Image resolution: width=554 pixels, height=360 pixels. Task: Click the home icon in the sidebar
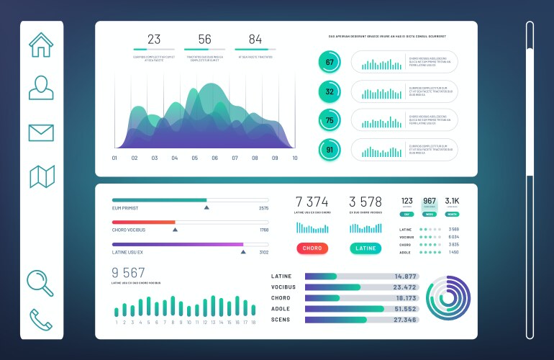click(41, 45)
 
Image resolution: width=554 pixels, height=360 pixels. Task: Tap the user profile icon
click(41, 87)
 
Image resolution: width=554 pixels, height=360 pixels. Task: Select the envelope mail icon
click(41, 132)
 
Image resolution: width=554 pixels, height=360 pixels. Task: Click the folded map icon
click(41, 176)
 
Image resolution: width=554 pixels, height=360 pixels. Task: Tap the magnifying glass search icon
click(40, 282)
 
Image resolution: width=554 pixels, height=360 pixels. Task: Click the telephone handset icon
click(40, 320)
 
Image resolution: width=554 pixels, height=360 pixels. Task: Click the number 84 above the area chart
click(255, 40)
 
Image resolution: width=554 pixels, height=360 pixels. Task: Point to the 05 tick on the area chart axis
click(194, 158)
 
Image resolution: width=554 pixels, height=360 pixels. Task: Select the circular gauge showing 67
click(330, 63)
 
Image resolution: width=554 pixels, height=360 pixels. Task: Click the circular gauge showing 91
click(330, 150)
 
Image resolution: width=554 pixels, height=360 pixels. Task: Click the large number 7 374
click(312, 202)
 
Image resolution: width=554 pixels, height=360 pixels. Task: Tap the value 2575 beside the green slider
click(263, 208)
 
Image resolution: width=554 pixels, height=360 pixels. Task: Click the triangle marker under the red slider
click(175, 230)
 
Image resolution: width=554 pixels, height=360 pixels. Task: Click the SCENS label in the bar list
click(281, 319)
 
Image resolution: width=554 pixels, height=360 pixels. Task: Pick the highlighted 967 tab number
click(430, 202)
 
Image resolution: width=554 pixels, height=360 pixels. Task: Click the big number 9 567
click(128, 272)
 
